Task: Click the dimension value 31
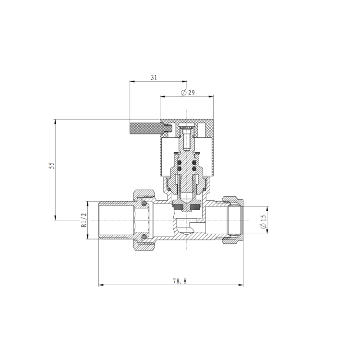[154, 77]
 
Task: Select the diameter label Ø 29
[187, 93]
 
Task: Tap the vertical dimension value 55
[51, 166]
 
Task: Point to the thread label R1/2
[83, 220]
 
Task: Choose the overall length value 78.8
[179, 281]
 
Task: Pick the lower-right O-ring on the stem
[194, 168]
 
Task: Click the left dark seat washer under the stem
[179, 207]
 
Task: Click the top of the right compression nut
[233, 197]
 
